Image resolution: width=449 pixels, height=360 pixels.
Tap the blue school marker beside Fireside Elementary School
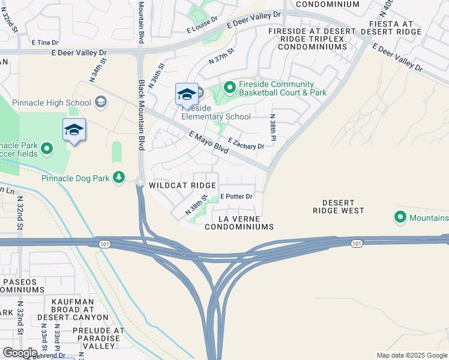click(x=187, y=95)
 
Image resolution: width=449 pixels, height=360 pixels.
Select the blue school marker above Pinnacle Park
click(x=74, y=130)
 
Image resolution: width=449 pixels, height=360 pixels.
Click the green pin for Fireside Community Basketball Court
click(x=229, y=88)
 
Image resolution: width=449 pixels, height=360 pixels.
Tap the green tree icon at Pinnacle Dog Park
click(x=119, y=176)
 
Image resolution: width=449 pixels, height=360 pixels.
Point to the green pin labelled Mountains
click(x=400, y=217)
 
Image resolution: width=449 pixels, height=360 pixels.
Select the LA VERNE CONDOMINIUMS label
click(x=239, y=223)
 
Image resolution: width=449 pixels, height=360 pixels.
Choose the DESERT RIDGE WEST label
click(x=339, y=206)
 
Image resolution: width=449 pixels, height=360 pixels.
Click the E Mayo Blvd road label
click(x=208, y=143)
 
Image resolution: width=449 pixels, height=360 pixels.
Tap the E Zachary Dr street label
click(x=246, y=144)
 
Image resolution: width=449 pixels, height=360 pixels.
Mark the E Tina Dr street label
click(x=45, y=43)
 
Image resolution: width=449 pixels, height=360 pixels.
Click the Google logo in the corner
click(x=20, y=352)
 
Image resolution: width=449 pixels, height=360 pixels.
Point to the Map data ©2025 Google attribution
click(x=411, y=355)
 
